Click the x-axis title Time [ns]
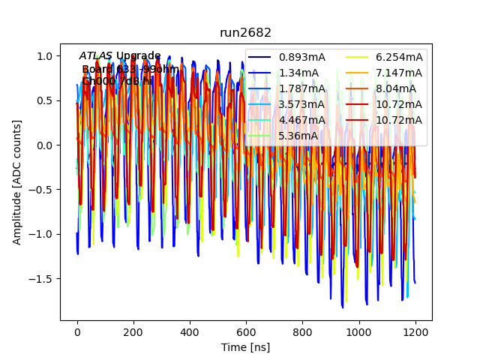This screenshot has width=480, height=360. (245, 347)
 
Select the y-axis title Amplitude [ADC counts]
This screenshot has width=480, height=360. (16, 182)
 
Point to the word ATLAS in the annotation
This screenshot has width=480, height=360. (96, 55)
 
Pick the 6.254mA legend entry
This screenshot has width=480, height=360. (399, 57)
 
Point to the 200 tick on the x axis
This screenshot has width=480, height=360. (133, 332)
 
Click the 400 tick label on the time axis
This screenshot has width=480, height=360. (190, 332)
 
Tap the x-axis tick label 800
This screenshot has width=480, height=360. (302, 332)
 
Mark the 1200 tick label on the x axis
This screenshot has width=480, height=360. (415, 332)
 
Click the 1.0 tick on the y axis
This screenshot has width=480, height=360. (46, 56)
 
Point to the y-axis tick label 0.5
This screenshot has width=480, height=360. (46, 100)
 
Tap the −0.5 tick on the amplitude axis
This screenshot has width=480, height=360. (42, 190)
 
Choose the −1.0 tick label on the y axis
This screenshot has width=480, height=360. (42, 234)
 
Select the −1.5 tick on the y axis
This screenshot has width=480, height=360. (42, 278)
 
